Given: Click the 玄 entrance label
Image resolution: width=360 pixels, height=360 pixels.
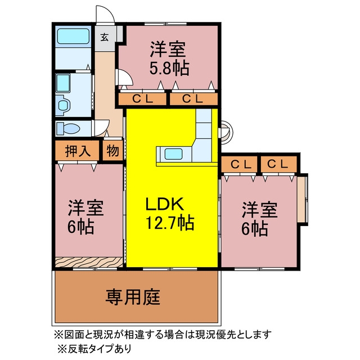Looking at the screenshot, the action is [105, 37].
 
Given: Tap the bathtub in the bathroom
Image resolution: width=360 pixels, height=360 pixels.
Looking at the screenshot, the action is [73, 36].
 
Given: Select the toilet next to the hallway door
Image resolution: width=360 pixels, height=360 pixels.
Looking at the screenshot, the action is [68, 128].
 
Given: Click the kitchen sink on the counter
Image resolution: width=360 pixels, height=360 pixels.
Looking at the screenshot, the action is [174, 154].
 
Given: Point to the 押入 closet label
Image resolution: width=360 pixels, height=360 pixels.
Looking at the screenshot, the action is [78, 151].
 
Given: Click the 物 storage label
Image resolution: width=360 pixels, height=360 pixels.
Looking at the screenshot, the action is [112, 151].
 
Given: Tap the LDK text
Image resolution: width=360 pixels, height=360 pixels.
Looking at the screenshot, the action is [165, 204].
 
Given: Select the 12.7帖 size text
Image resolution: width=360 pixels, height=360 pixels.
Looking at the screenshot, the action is [170, 222].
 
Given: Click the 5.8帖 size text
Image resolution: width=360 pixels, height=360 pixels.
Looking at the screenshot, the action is [169, 68].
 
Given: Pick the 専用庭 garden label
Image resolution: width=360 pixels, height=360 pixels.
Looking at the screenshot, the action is [133, 297].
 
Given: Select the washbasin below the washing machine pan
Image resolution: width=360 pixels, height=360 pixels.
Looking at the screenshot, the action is [63, 105].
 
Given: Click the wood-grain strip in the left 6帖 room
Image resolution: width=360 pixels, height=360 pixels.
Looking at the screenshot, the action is [89, 262].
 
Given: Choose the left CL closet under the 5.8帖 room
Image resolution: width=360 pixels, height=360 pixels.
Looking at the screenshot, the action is [142, 99].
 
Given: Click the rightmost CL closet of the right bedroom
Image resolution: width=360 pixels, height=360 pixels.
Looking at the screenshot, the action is [279, 164].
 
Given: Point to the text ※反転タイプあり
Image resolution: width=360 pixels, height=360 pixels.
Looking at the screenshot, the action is [94, 349].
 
